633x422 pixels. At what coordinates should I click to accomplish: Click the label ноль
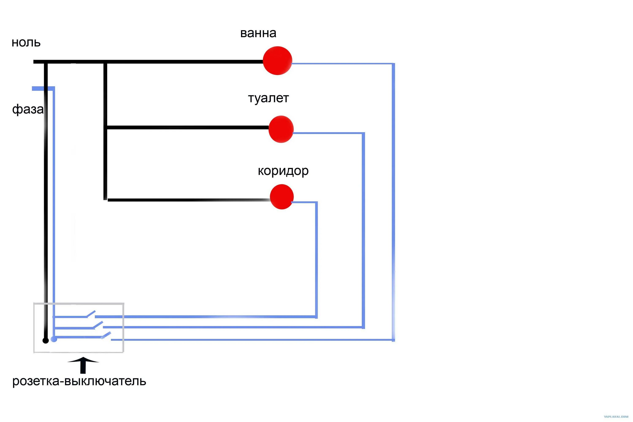(x=26, y=43)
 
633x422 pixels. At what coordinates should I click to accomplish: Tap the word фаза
(x=28, y=109)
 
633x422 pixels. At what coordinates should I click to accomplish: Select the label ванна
(x=258, y=33)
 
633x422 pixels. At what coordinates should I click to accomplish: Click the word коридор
(x=283, y=171)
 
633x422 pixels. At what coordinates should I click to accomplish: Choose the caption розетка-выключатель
(x=79, y=381)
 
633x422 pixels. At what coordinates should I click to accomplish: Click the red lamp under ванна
(x=277, y=61)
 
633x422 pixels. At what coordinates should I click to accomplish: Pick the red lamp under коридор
(x=281, y=197)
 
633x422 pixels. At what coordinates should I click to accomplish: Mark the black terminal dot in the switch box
(x=46, y=341)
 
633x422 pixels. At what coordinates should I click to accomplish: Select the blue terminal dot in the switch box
(x=54, y=339)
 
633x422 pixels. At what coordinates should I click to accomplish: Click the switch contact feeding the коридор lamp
(x=91, y=314)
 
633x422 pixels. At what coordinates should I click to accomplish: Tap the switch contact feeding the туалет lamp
(x=98, y=324)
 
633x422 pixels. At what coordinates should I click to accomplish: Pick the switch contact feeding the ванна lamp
(x=106, y=335)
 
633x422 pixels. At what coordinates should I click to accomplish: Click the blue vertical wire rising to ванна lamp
(x=393, y=202)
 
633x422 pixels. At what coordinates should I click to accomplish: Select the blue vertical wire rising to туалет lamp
(x=363, y=229)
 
